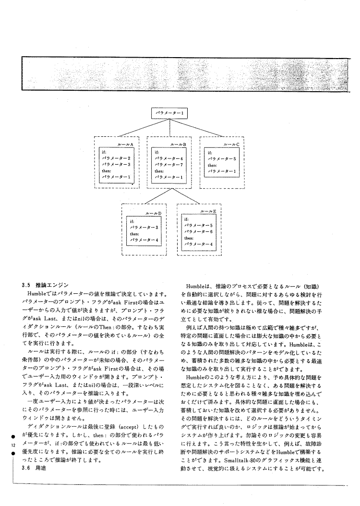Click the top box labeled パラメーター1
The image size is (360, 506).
(x=169, y=114)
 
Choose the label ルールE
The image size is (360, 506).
(x=208, y=211)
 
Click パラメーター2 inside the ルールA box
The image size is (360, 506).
(x=117, y=158)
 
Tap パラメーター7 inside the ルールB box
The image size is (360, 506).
(x=169, y=164)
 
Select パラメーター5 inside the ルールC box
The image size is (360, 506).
(x=222, y=158)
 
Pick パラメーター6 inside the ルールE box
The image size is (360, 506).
(x=198, y=231)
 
